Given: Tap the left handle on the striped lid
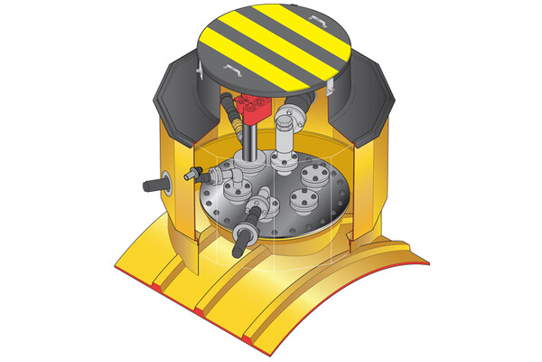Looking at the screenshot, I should pyautogui.click(x=232, y=71).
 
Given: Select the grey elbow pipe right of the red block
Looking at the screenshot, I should pyautogui.click(x=291, y=122).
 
